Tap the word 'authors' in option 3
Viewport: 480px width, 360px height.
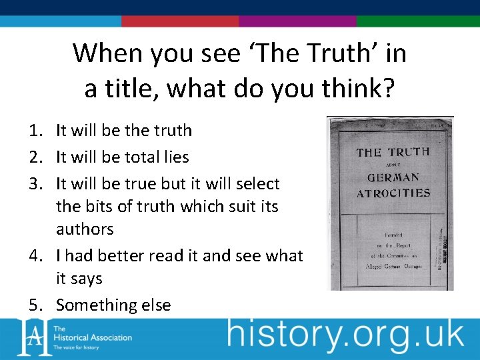[x=85, y=229]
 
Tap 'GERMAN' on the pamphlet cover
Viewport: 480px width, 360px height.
[x=393, y=178]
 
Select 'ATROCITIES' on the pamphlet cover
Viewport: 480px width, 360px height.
[x=393, y=194]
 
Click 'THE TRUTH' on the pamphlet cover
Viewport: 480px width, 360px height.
[x=393, y=152]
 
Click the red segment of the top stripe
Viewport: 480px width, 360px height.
[x=180, y=21]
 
